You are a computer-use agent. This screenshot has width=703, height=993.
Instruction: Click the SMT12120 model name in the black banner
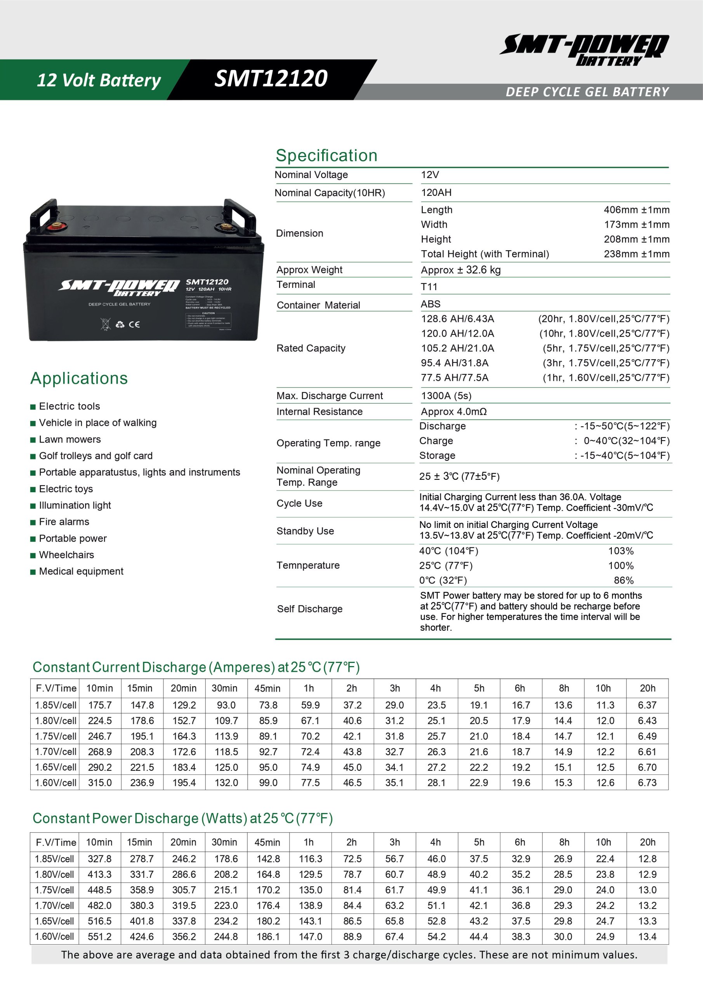pos(271,79)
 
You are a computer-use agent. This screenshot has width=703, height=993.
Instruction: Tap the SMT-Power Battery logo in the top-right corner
pos(584,50)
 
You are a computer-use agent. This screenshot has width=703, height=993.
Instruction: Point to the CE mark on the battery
pos(134,324)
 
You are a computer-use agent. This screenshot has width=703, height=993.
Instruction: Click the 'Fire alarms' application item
pos(64,522)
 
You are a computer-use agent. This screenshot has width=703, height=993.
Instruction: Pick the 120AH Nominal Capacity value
pos(436,193)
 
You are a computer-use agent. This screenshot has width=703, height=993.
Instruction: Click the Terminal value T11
pos(429,287)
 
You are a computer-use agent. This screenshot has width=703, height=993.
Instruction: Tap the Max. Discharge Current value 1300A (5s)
pos(446,396)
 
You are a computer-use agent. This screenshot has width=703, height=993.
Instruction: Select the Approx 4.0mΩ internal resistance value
pos(454,412)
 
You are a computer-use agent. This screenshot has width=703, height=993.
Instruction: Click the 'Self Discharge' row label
pos(309,609)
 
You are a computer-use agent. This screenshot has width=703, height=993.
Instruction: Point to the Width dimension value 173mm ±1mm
pos(636,225)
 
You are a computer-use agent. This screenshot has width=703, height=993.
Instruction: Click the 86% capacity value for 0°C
pos(623,580)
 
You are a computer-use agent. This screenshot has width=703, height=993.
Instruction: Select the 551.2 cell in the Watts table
pos(99,936)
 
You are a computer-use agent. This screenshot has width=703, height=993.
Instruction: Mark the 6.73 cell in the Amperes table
pos(647,783)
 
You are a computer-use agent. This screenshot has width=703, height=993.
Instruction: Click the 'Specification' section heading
pos(326,156)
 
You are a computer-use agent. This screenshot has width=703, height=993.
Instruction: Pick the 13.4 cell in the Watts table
pos(647,936)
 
